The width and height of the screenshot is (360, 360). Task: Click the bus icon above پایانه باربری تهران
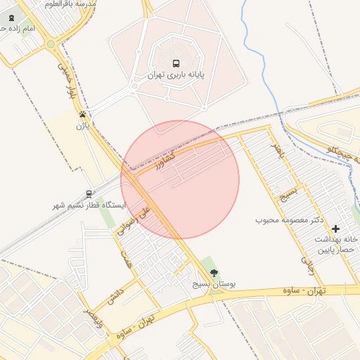(x=176, y=63)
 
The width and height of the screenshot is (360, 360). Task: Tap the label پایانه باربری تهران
(x=176, y=75)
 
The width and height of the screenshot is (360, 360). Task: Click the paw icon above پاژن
(x=84, y=114)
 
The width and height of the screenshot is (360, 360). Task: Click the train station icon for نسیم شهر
(x=89, y=193)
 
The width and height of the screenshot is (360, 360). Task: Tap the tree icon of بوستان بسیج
(x=214, y=273)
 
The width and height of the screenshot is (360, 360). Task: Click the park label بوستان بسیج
(x=214, y=285)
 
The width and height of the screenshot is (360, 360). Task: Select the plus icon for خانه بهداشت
(x=335, y=229)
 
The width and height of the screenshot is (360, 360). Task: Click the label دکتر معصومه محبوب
(x=289, y=221)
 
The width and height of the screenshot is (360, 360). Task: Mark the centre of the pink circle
(x=180, y=179)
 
